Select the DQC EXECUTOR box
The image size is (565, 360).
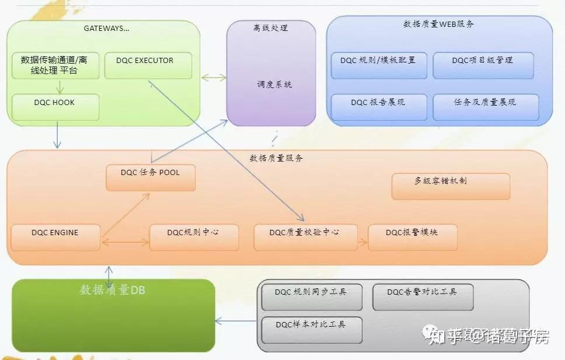click(144, 65)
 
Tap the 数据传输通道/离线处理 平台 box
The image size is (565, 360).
click(55, 65)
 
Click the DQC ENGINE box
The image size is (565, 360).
click(55, 237)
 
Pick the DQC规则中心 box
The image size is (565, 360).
click(194, 237)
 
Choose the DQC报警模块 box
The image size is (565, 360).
click(412, 237)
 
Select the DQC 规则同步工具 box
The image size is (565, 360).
click(312, 296)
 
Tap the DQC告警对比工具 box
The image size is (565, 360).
click(423, 296)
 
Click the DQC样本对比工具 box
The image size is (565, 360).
click(312, 330)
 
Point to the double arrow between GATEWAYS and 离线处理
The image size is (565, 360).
click(214, 77)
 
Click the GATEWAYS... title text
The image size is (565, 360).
click(106, 27)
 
